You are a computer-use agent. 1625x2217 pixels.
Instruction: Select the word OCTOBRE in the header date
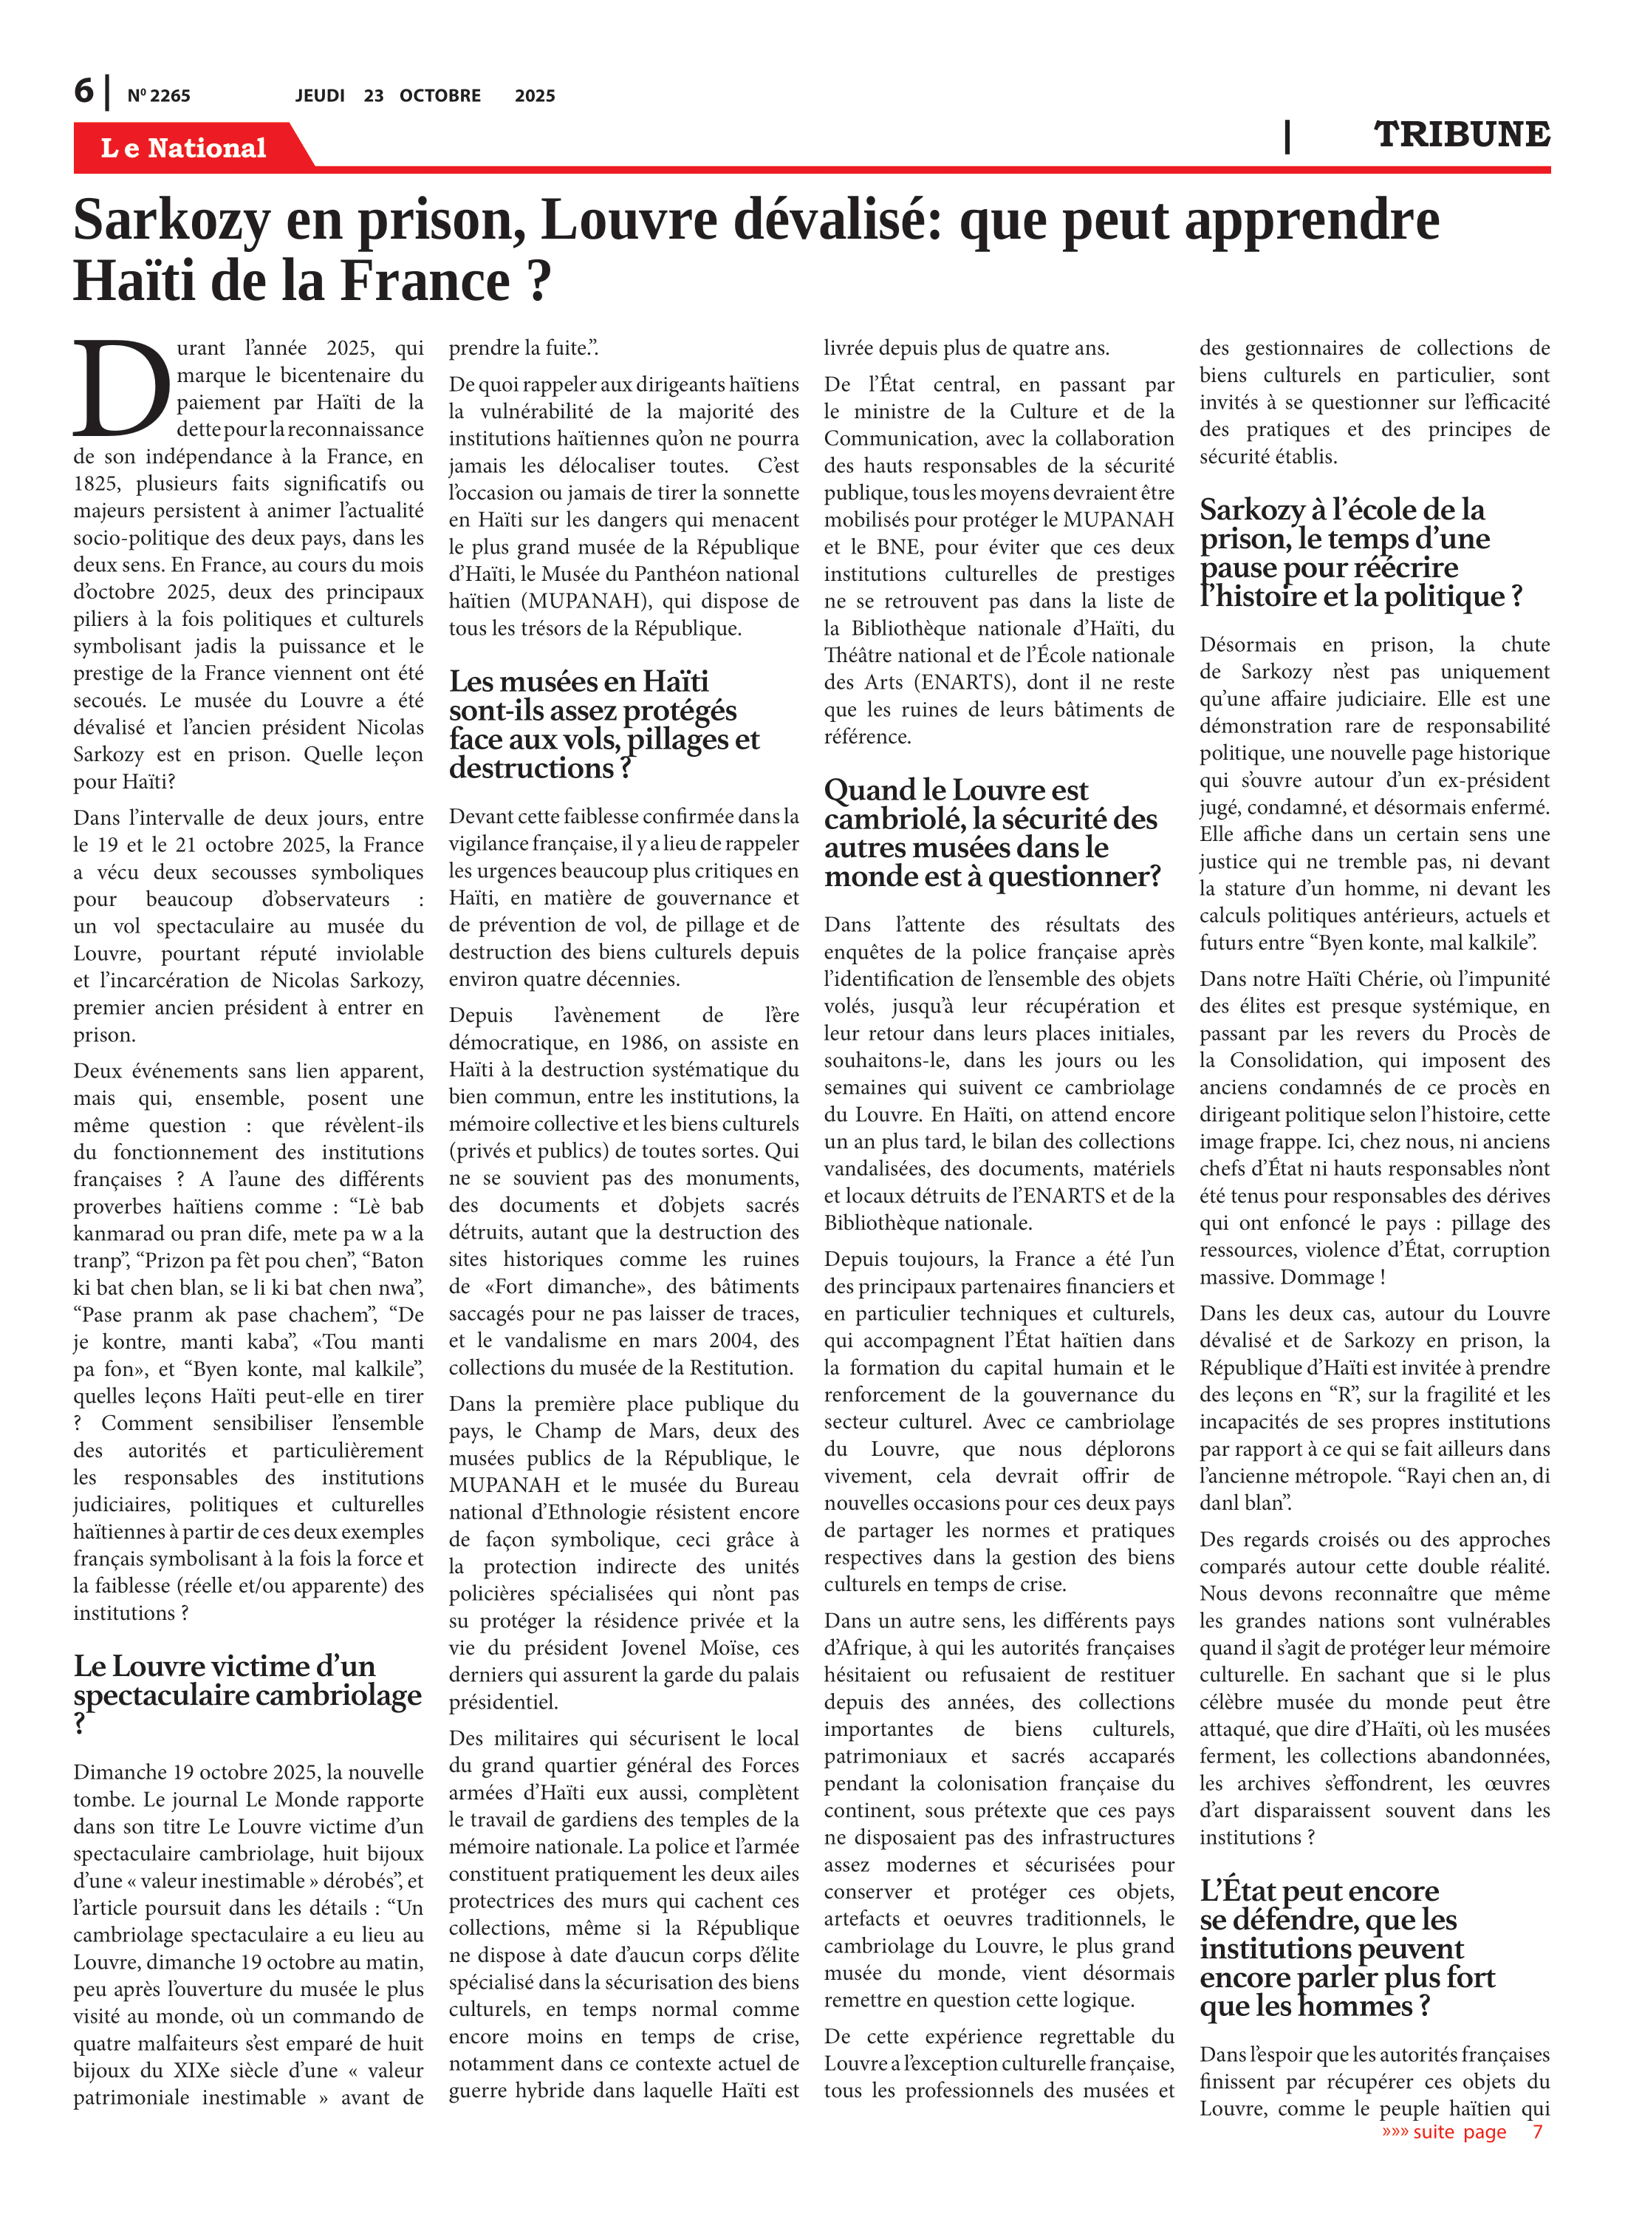click(439, 95)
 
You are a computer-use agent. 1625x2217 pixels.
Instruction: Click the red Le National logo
click(183, 148)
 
